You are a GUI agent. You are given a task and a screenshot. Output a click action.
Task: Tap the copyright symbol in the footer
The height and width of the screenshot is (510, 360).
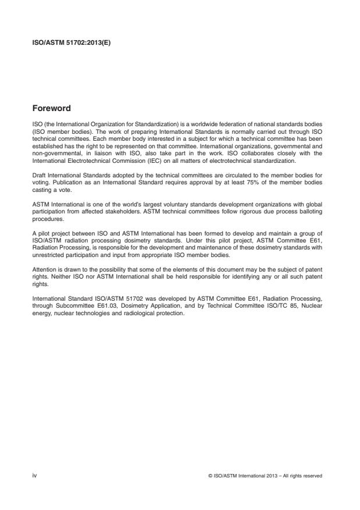click(x=209, y=476)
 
